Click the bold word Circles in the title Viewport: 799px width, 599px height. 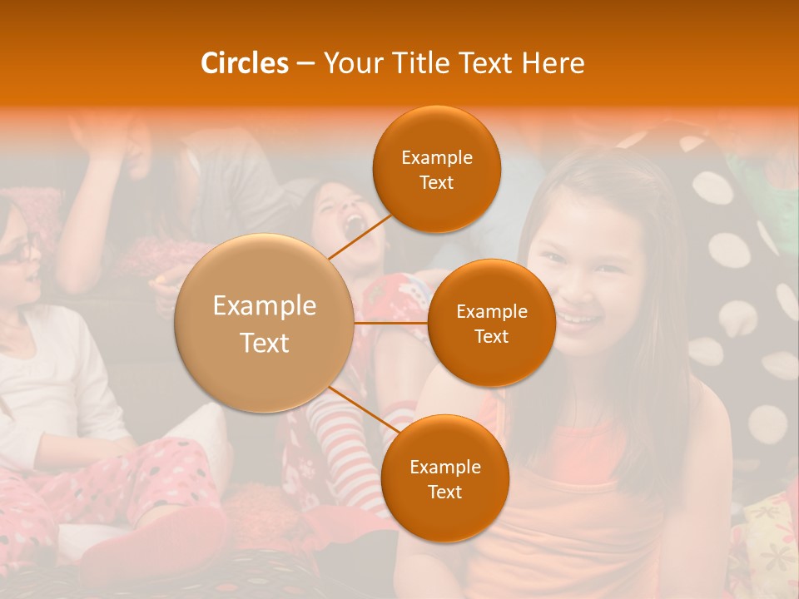[x=245, y=63]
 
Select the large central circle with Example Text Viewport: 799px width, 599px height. [x=265, y=323]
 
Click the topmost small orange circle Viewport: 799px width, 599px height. [x=436, y=170]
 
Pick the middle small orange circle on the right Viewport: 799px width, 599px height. [x=491, y=323]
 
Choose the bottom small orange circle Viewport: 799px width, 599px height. [x=444, y=478]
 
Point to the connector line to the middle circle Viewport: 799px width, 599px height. [x=391, y=323]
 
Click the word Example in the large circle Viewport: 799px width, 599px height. [x=265, y=306]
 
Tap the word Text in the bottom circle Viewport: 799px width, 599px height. [x=444, y=492]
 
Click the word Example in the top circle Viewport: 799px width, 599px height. [x=436, y=158]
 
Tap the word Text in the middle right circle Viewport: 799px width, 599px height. [x=491, y=336]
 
